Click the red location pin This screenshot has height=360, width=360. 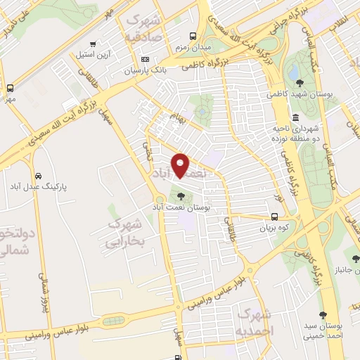(x=181, y=166)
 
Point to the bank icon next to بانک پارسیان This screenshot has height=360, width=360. (x=145, y=59)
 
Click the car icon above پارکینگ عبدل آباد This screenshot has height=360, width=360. (x=38, y=175)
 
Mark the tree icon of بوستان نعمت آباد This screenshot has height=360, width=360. (x=181, y=196)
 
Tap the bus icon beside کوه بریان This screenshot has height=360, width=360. (x=274, y=217)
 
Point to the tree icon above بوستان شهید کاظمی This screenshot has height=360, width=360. (x=300, y=83)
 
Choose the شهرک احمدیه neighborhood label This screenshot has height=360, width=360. (x=254, y=321)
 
